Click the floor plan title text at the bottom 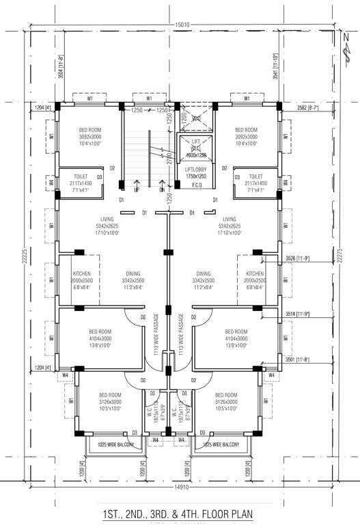click(180, 513)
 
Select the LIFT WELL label click(195, 144)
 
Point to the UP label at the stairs click(137, 189)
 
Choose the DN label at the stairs click(162, 189)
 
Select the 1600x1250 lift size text click(195, 154)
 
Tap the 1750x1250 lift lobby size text click(195, 176)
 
